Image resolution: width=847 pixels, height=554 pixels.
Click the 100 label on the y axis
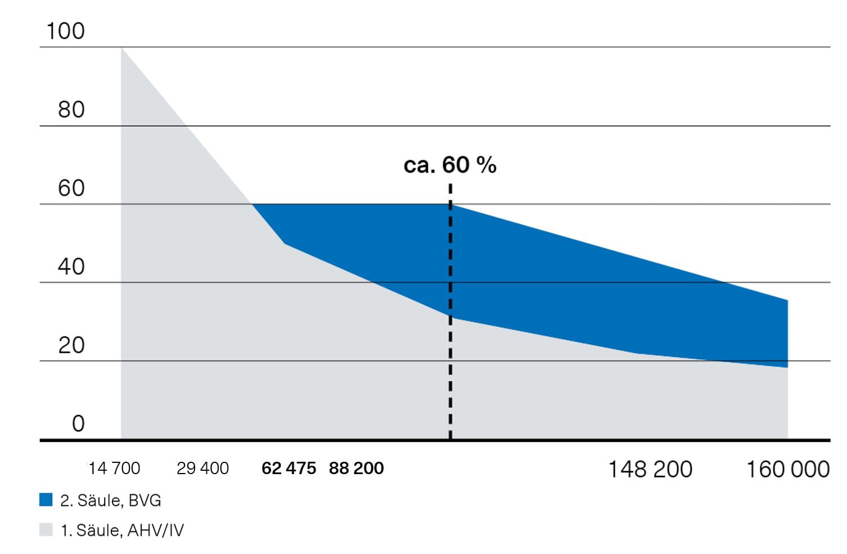click(65, 31)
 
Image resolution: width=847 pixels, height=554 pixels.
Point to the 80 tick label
click(71, 110)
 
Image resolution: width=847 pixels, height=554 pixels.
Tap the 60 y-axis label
click(71, 188)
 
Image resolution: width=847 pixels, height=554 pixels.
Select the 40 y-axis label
click(71, 267)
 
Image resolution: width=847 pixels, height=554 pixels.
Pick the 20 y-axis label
click(71, 345)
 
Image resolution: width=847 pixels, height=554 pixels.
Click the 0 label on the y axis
click(78, 424)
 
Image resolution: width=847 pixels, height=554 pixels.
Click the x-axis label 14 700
click(114, 468)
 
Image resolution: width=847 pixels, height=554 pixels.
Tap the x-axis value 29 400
click(202, 468)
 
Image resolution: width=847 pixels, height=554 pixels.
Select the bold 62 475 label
click(289, 468)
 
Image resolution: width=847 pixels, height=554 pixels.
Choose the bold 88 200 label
click(356, 468)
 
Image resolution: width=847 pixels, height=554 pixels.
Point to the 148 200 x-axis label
click(650, 469)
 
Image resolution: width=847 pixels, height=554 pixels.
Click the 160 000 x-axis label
click(787, 469)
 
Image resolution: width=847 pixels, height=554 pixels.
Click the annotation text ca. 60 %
click(450, 165)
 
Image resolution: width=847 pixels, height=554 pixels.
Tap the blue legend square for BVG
click(46, 499)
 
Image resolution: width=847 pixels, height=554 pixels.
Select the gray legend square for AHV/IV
click(46, 529)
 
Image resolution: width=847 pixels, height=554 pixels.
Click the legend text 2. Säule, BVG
click(110, 500)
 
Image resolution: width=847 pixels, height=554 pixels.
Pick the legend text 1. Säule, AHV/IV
click(122, 530)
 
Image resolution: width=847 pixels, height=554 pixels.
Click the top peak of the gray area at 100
click(122, 49)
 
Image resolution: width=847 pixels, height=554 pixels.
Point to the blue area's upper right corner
click(787, 301)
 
